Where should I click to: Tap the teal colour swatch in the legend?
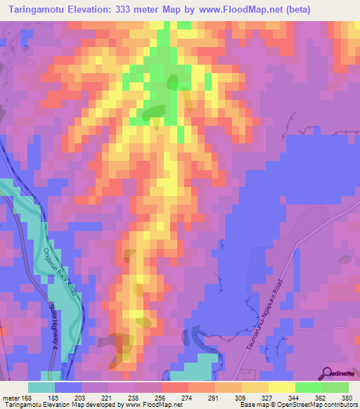click(x=41, y=387)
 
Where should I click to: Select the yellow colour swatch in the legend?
click(x=282, y=387)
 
